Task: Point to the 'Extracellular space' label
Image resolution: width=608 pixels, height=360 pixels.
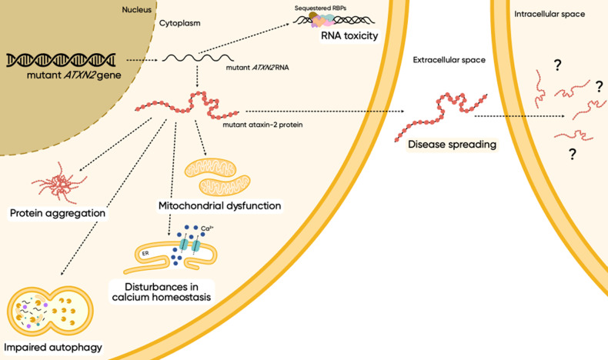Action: tap(449, 60)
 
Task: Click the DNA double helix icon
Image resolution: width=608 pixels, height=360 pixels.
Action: tap(60, 58)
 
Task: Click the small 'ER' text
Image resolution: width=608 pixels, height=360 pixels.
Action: tap(144, 252)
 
